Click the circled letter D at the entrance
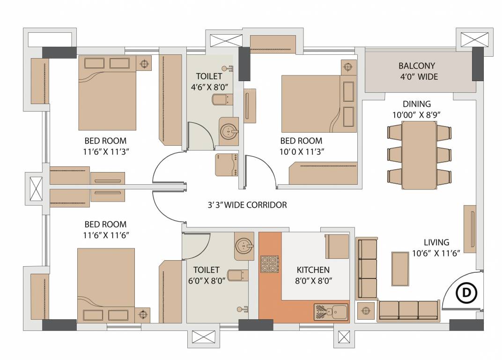pos(466,292)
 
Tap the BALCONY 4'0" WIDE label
pos(417,71)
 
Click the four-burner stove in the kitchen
pos(270,264)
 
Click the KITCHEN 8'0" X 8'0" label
pos(313,275)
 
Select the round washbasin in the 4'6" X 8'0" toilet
pos(229,131)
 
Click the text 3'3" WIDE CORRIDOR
pos(247,205)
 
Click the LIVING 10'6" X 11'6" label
pos(436,247)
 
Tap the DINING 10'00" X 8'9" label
pos(416,109)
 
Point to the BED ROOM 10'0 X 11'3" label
pos(302,146)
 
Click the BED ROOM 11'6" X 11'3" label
pos(105,146)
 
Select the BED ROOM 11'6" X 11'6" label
pos(105,229)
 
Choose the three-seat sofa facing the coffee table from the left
pos(367,269)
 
